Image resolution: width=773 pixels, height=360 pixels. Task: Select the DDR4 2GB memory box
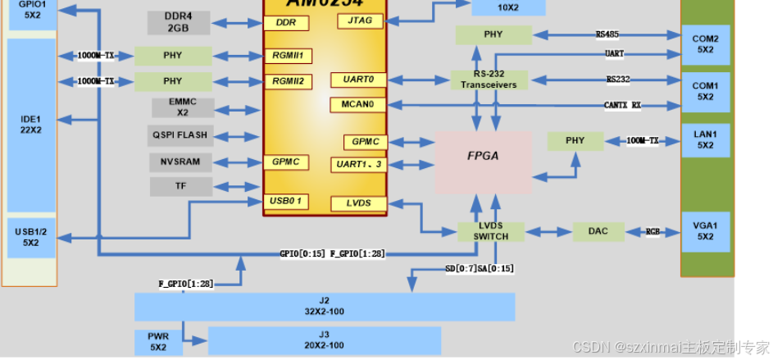coord(178,23)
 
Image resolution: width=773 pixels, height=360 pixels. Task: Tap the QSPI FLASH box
coord(180,134)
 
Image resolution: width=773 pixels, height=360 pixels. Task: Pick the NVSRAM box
coord(180,162)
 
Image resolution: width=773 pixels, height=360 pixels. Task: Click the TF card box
coord(180,186)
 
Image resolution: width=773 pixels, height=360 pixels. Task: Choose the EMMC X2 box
coord(182,107)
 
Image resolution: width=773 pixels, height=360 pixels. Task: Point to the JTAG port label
coord(359,21)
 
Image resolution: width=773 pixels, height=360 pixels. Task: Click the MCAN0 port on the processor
coord(357,105)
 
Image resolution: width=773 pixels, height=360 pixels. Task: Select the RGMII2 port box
coord(288,81)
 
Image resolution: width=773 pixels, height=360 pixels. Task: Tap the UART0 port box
coord(357,80)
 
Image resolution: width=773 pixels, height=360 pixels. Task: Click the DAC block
coord(598,231)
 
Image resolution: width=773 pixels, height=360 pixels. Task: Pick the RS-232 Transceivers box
coord(489,80)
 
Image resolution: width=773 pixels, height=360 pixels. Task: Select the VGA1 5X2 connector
coord(705,232)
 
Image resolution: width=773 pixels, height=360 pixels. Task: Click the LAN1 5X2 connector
coord(705,140)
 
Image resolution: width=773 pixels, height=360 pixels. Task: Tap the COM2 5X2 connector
coord(705,44)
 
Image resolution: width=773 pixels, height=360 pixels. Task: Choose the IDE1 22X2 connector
coord(30,125)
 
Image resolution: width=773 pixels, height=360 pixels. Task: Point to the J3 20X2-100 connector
coord(325,340)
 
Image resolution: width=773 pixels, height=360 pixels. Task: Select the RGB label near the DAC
coord(653,232)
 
